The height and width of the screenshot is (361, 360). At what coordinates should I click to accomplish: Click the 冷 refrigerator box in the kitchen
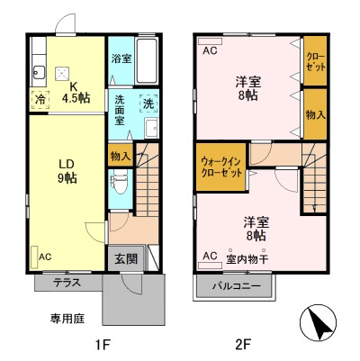(x=40, y=100)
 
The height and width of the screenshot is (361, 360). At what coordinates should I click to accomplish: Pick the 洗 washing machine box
(x=148, y=104)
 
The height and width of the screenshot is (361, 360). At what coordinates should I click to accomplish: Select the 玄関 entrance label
(x=126, y=259)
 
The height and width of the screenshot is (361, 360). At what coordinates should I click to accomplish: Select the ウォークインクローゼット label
(x=220, y=167)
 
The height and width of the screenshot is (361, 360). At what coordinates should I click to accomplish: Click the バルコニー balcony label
(x=236, y=286)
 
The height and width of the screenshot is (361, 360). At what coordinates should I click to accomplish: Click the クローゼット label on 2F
(x=315, y=60)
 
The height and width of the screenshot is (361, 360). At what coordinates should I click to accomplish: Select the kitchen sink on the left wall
(x=38, y=70)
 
